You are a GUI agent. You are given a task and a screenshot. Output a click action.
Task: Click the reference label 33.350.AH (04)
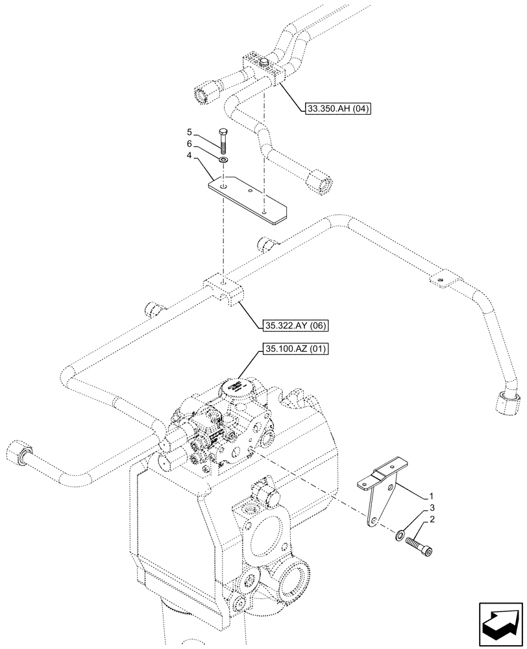click(336, 110)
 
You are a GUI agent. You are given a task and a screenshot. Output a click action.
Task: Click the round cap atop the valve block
click(236, 388)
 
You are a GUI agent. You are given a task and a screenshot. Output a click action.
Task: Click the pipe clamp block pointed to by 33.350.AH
click(263, 67)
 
